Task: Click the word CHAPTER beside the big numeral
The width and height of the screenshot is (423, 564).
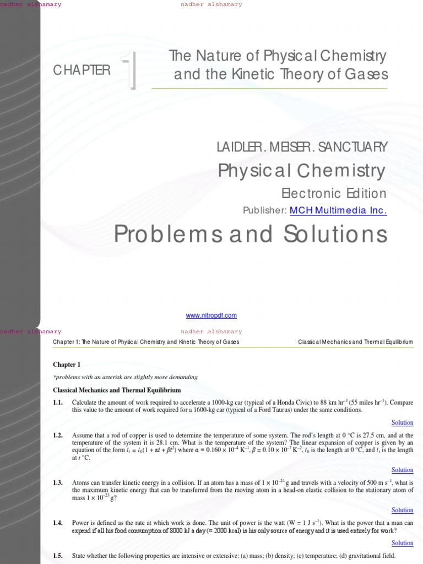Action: coord(82,70)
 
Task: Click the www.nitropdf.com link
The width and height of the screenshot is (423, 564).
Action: coord(211,316)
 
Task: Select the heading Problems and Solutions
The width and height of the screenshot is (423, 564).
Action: coord(251,234)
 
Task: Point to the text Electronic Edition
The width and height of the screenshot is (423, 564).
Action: coord(334,193)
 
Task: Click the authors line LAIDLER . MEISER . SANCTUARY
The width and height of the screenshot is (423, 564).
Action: coord(303,147)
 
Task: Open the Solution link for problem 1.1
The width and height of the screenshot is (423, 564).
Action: coord(402,422)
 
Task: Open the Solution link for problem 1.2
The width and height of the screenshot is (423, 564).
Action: coord(402,470)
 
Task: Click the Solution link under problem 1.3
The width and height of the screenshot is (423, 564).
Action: coord(402,510)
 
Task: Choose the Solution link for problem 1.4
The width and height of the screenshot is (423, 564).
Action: coord(402,543)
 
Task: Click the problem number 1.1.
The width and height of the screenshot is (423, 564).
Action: coord(58,403)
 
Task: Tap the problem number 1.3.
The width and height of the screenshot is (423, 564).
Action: coord(58,483)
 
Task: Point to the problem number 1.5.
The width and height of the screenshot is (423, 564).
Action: coord(58,556)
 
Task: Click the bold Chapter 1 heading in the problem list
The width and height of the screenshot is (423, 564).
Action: coord(67,365)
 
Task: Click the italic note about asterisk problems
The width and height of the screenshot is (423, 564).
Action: coord(125,377)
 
